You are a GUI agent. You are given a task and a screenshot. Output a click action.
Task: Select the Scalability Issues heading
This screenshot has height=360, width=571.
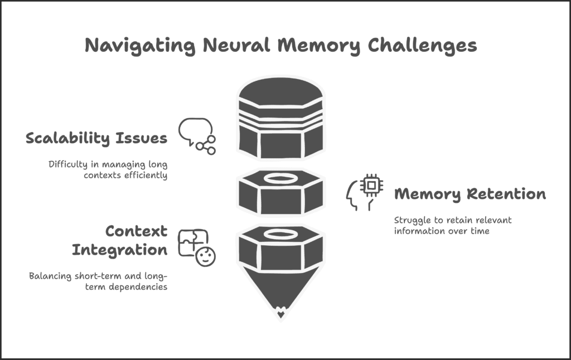click(x=96, y=138)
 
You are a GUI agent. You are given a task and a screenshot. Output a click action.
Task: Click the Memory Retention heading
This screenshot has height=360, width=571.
click(x=470, y=194)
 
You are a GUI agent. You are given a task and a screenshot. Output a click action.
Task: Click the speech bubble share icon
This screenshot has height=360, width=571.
click(x=197, y=136)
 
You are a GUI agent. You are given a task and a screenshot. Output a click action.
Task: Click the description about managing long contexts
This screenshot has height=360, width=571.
click(x=109, y=169)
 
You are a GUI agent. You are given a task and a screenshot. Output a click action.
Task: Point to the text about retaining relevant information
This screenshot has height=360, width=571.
click(x=452, y=225)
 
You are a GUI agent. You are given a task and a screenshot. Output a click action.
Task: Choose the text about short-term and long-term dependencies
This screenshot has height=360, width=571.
click(x=99, y=281)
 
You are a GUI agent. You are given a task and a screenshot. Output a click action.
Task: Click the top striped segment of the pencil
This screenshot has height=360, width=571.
click(x=280, y=118)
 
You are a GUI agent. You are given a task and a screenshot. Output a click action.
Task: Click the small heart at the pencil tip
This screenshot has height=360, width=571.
click(x=280, y=314)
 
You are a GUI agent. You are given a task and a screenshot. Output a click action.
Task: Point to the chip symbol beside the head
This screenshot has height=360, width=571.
click(x=371, y=186)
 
